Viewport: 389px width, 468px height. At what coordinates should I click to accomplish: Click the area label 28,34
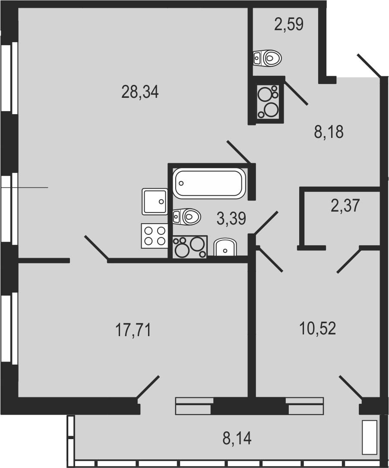click(x=140, y=92)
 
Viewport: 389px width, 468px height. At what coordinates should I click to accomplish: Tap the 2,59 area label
click(x=289, y=24)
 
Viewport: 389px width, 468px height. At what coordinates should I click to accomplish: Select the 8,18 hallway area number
click(x=329, y=131)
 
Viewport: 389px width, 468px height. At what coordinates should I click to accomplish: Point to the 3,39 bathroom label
click(x=231, y=218)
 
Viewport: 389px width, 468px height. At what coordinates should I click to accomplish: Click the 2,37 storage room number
click(x=345, y=206)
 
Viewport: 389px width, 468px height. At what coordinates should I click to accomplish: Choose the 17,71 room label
click(x=133, y=330)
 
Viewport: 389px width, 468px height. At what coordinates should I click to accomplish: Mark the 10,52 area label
click(x=317, y=328)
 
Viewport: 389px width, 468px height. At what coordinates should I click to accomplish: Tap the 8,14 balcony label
click(x=237, y=438)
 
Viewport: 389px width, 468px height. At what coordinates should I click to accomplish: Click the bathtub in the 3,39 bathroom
click(x=209, y=183)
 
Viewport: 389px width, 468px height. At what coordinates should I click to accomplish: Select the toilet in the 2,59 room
click(x=267, y=58)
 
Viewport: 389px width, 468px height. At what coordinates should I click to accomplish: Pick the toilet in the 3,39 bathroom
click(x=187, y=216)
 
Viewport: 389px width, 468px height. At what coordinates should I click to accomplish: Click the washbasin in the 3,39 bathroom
click(x=225, y=247)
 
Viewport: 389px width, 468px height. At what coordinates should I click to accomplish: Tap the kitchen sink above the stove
click(x=155, y=202)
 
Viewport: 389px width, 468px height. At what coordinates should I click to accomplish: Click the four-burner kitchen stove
click(x=154, y=236)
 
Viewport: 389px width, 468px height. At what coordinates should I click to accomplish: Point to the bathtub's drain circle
click(x=180, y=183)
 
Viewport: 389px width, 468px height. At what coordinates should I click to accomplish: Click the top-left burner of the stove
click(x=148, y=231)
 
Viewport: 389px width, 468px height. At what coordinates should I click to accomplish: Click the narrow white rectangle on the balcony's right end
click(x=370, y=437)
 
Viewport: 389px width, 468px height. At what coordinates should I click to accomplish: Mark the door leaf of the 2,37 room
click(x=348, y=260)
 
